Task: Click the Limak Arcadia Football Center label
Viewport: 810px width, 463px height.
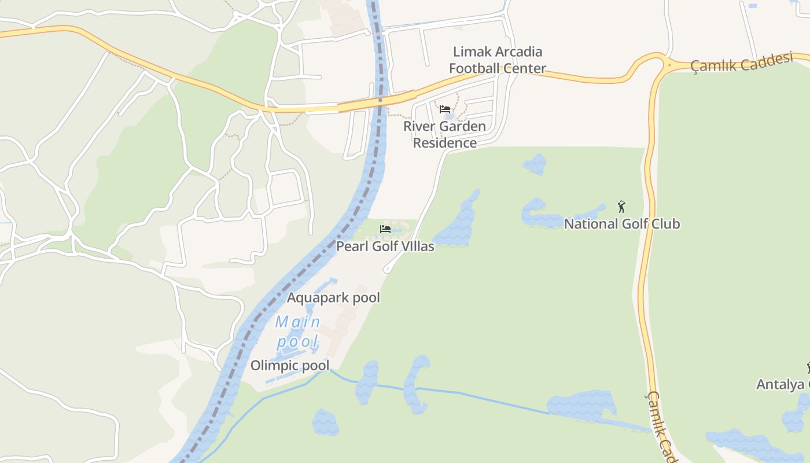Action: point(498,60)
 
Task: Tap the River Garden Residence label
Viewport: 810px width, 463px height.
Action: point(444,134)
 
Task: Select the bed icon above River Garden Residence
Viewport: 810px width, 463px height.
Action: point(444,109)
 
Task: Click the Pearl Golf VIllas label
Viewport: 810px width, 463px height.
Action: point(385,246)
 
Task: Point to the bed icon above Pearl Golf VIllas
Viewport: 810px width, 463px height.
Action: point(385,229)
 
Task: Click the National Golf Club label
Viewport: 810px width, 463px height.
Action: point(622,223)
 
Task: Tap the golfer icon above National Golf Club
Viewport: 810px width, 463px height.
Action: point(621,206)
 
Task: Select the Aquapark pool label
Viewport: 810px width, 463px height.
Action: point(334,297)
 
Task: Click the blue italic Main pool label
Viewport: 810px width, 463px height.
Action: point(298,332)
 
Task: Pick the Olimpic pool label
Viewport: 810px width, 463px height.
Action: point(290,365)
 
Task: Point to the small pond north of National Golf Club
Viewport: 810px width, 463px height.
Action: point(535,164)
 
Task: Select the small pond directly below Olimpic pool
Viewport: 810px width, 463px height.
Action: point(325,422)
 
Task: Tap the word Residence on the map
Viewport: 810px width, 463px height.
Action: point(445,143)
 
